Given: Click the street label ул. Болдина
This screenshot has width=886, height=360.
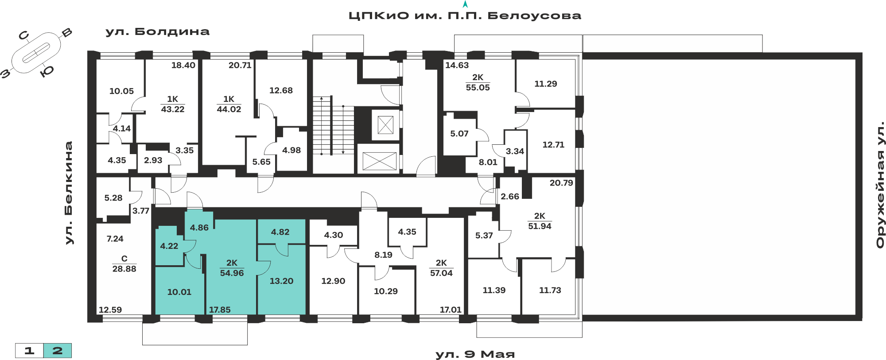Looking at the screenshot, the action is coord(157,32).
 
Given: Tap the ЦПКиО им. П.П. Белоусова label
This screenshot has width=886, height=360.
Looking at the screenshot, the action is coord(465,16).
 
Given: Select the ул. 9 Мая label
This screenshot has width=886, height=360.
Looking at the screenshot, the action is coord(475,354).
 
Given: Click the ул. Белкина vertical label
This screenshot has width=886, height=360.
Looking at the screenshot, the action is coord(69,193).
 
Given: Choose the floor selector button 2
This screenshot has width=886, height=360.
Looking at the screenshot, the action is coord(58,351).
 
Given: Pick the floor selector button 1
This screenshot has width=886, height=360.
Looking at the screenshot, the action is coord(29,351).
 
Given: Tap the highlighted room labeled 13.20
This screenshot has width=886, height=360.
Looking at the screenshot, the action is coord(281,281).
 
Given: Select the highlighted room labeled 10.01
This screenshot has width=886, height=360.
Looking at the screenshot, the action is coord(179,292).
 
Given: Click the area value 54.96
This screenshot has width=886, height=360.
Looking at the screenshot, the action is coord(232,273).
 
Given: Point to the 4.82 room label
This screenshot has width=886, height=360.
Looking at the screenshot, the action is coord(280,232).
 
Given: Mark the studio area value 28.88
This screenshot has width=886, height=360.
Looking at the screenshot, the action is coord(124,269).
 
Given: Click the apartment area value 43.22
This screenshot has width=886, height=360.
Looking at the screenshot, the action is coord(173,109).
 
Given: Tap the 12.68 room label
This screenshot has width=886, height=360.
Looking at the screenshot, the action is coord(281,90).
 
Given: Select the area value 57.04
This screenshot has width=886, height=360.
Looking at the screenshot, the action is coord(441,273).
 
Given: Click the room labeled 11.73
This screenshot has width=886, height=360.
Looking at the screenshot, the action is coord(550,290).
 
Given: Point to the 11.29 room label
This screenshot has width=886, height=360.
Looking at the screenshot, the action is coord(545,84).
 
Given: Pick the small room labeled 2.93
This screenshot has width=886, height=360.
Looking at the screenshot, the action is coord(153,160).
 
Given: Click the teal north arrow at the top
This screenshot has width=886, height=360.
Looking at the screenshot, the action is coord(465,4).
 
